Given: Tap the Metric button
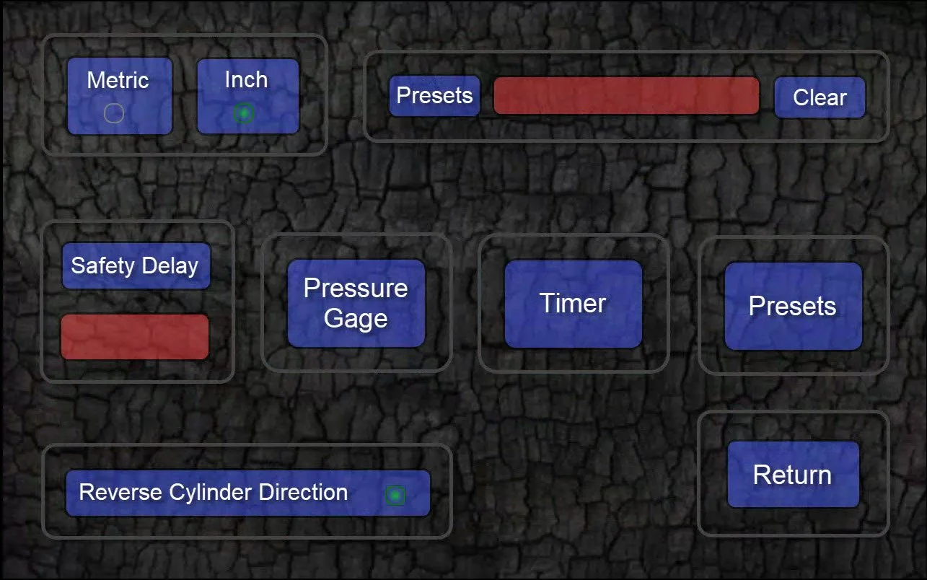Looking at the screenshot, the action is (119, 95).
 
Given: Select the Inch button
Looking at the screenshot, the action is (247, 95).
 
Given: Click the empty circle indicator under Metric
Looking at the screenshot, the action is (114, 113).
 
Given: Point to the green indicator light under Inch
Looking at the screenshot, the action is (244, 113).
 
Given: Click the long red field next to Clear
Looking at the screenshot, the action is (626, 96).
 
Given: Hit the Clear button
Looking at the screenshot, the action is (820, 97).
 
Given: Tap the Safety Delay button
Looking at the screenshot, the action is (136, 265).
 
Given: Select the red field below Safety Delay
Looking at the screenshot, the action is (135, 336).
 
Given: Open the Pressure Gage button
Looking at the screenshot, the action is (356, 303).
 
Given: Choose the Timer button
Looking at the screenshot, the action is (573, 304).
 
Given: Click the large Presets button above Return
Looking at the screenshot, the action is (793, 306).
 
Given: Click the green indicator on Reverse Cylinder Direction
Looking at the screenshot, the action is (395, 495).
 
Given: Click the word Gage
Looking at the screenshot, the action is (356, 318).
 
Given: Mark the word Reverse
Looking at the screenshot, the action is (120, 493).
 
